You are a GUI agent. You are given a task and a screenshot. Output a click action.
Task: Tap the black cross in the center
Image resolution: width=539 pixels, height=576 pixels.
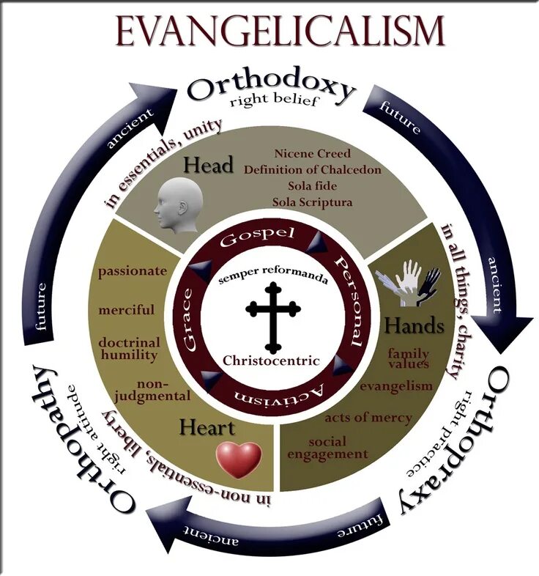pyautogui.click(x=272, y=317)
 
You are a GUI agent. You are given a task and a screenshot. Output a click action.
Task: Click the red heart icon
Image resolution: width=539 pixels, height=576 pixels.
pyautogui.click(x=238, y=458)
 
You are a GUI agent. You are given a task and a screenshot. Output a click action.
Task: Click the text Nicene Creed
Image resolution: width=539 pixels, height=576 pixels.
pyautogui.click(x=313, y=154)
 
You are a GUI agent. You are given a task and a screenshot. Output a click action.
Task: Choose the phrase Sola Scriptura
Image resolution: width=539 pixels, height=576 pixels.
pyautogui.click(x=313, y=202)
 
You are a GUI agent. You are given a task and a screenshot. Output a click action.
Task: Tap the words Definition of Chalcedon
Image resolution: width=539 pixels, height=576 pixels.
pyautogui.click(x=313, y=170)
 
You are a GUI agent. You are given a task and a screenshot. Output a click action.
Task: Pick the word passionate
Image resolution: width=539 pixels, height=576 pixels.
pyautogui.click(x=133, y=270)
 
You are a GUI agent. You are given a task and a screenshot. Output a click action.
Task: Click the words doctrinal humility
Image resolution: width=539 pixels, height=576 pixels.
pyautogui.click(x=129, y=349)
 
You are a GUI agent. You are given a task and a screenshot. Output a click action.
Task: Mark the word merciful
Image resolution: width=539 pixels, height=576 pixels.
pyautogui.click(x=127, y=310)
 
